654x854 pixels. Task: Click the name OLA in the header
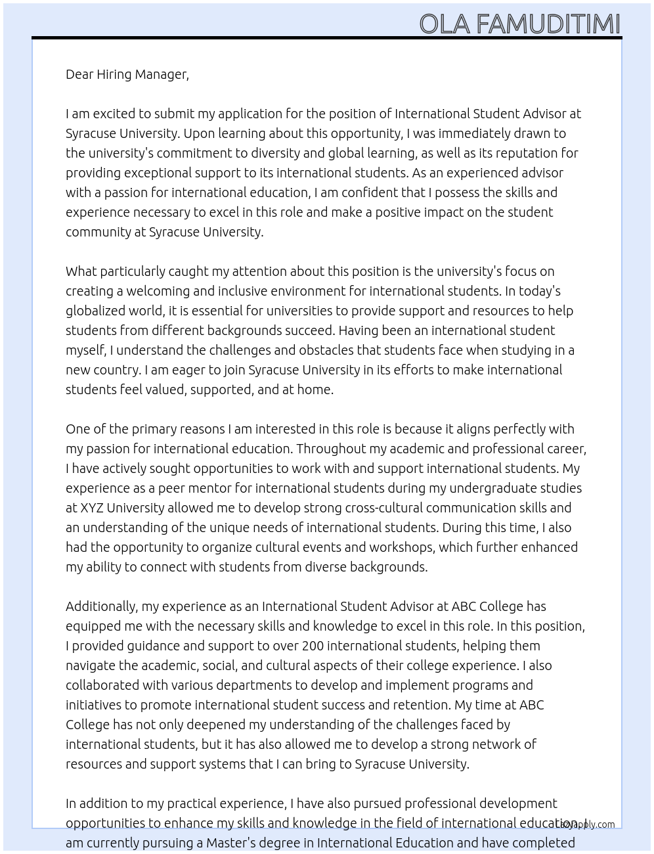tap(444, 24)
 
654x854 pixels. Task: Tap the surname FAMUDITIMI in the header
tap(548, 24)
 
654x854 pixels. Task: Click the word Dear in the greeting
tap(79, 74)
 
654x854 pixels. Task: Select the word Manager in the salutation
tap(163, 74)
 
